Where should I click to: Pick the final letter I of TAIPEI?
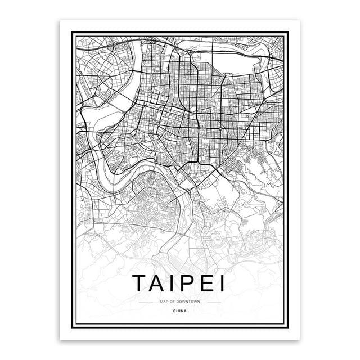coord(223,283)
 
